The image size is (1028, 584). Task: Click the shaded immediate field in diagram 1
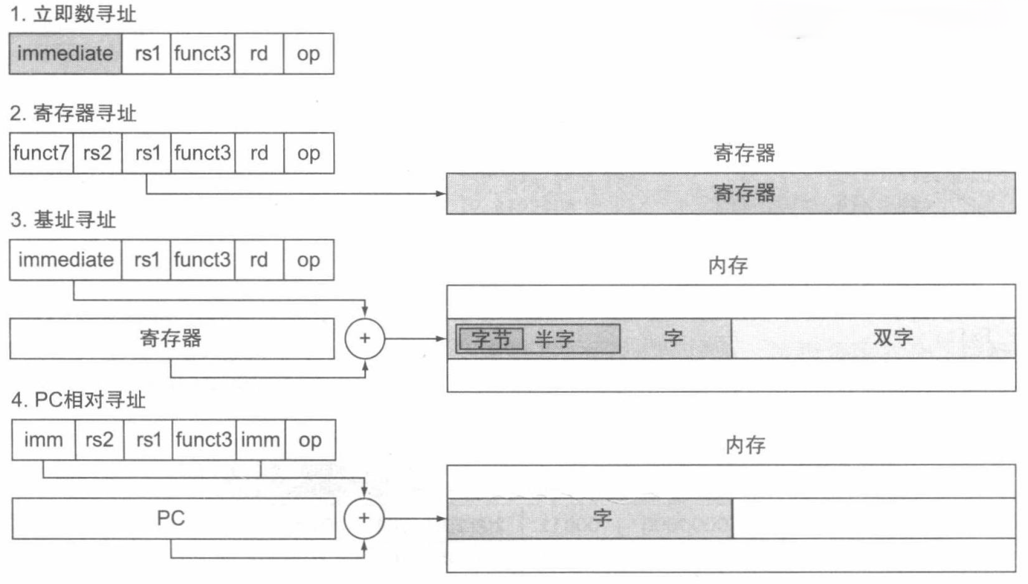tap(65, 54)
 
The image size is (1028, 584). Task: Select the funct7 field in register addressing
tap(41, 153)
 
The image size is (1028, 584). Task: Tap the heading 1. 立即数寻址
tap(73, 14)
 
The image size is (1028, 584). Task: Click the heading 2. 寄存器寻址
tap(73, 113)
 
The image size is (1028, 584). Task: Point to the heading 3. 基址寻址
tap(63, 220)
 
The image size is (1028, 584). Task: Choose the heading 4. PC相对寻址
tap(78, 400)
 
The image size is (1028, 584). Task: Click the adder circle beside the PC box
tap(364, 518)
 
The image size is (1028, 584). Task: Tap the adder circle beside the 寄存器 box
tap(364, 339)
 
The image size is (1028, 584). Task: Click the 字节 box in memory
tap(490, 339)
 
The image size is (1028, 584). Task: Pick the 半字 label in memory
tap(554, 339)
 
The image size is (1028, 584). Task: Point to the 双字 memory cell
tap(892, 338)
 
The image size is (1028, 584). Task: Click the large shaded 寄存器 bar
tap(731, 193)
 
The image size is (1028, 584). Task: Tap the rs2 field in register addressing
tap(97, 153)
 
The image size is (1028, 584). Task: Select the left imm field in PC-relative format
tap(43, 440)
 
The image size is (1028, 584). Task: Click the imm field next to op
tap(260, 440)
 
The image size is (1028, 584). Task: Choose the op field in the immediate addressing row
tap(308, 54)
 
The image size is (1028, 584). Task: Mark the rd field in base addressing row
tap(259, 260)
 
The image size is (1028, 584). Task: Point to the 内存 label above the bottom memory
tap(745, 445)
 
